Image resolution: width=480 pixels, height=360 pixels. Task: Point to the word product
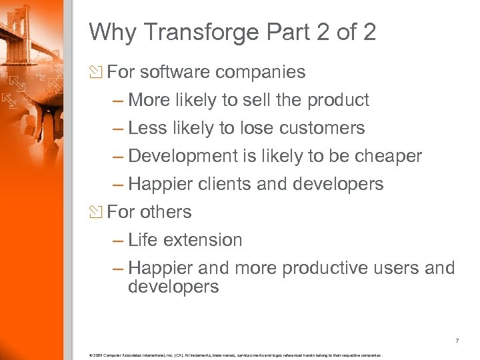[x=338, y=100]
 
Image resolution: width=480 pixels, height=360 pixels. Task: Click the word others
[x=166, y=212]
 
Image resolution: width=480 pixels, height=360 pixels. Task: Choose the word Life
[x=143, y=240]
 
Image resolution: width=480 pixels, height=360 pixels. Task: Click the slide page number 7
[x=457, y=341]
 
